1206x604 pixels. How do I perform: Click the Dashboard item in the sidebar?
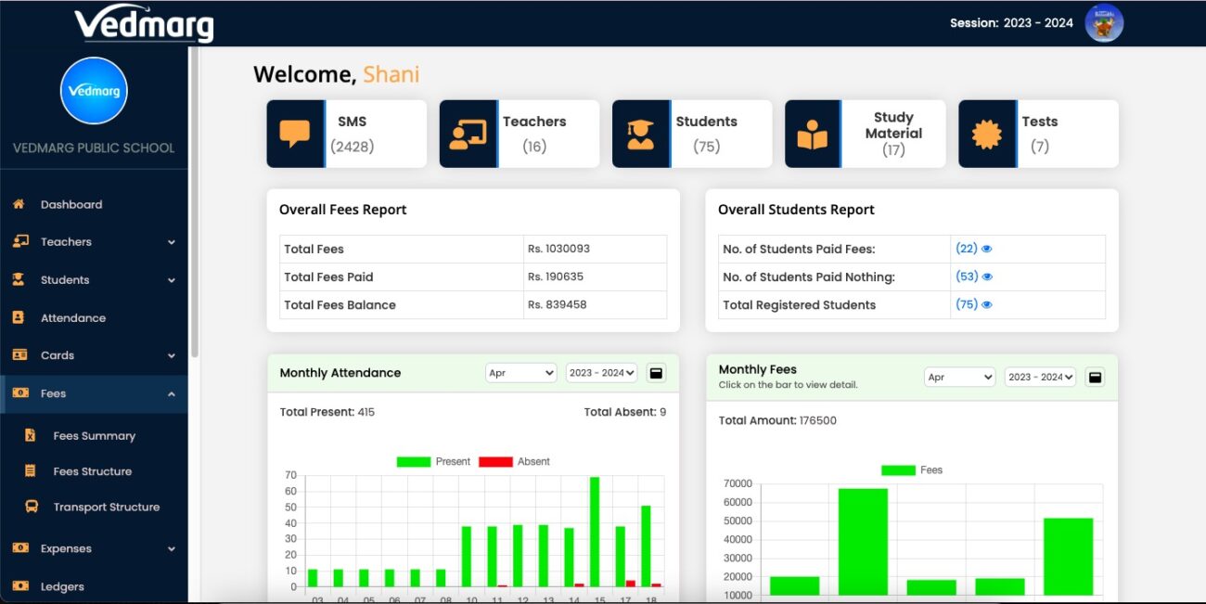point(71,204)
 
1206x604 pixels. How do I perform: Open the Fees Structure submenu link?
point(92,471)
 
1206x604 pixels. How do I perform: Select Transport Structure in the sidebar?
point(106,508)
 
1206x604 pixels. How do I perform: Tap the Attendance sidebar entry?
point(72,318)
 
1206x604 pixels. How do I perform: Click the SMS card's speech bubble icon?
point(295,135)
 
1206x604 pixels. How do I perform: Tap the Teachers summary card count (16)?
point(534,147)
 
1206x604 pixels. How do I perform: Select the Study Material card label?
point(893,125)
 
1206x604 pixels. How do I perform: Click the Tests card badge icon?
point(987,135)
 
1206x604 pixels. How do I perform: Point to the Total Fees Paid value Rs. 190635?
point(558,276)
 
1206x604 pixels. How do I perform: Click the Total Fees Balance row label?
point(340,304)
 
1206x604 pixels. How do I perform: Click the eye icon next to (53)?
point(987,276)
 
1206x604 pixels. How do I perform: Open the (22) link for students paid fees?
point(966,249)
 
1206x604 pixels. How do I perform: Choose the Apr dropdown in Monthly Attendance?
point(520,373)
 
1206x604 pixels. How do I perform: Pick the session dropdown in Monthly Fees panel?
point(1040,378)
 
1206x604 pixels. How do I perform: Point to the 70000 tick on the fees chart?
point(738,483)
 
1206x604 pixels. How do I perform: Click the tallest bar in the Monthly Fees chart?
point(863,542)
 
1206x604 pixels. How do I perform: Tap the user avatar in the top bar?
point(1104,23)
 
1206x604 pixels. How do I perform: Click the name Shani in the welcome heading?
point(391,75)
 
